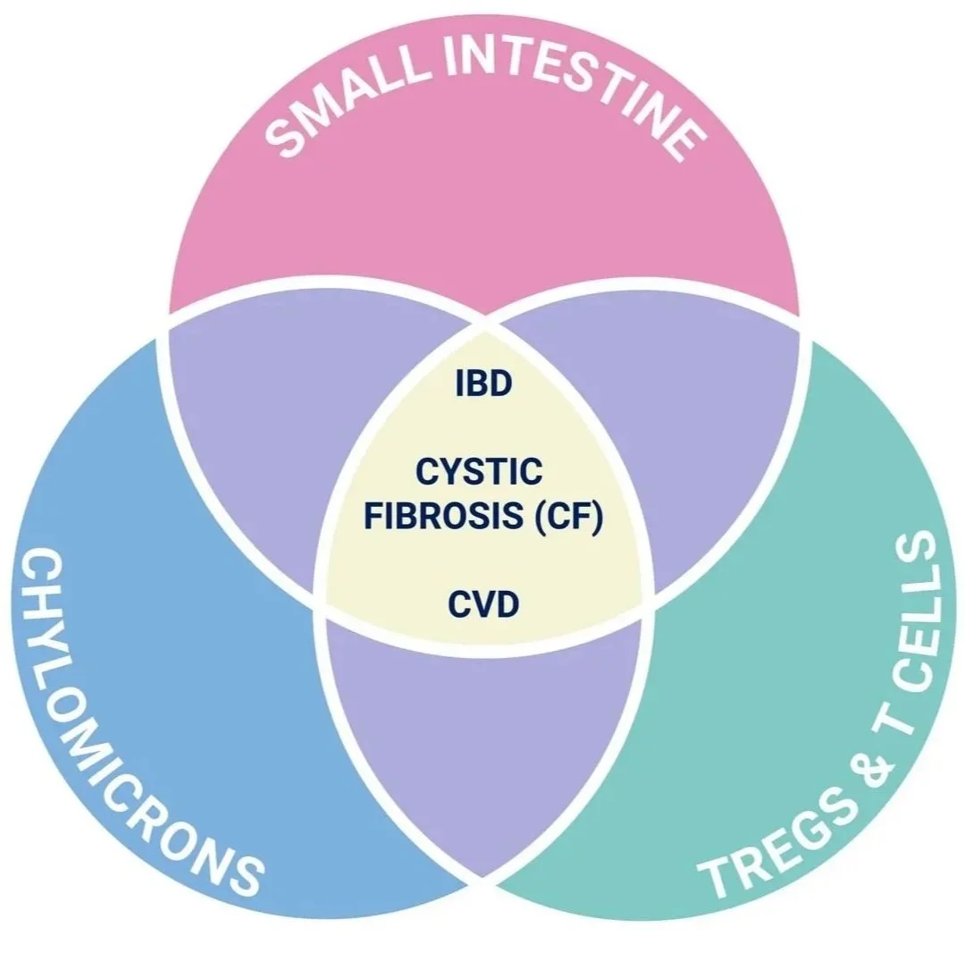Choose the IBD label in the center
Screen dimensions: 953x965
[482, 384]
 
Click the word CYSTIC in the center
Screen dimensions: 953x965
[479, 471]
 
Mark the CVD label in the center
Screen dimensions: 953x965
[482, 606]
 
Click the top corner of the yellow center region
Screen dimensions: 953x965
[484, 322]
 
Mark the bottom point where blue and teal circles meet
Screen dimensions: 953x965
[483, 881]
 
